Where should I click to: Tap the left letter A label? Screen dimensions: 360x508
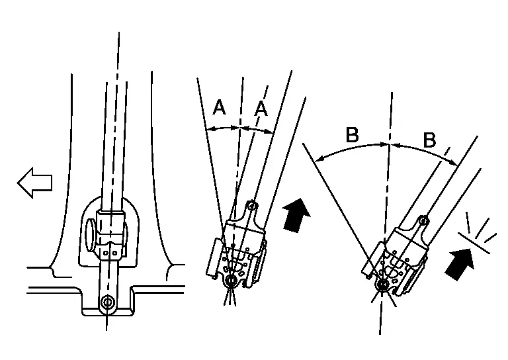(x=219, y=107)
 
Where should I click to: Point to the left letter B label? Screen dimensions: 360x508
(x=353, y=135)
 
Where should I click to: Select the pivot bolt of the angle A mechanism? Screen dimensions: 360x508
(x=230, y=282)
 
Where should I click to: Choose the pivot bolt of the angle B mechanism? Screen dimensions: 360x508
(x=383, y=285)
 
